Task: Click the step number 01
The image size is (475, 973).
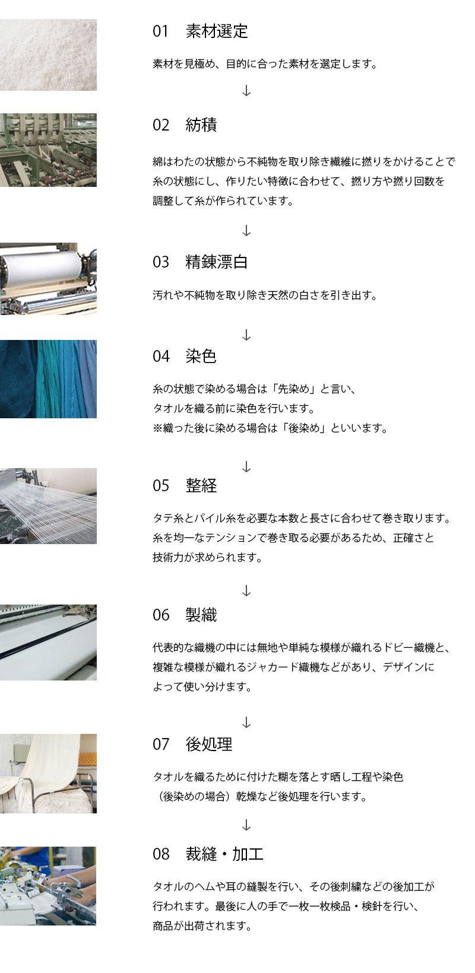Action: (160, 31)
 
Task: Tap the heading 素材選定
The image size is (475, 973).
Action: (217, 31)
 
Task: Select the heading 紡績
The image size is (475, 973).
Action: (201, 125)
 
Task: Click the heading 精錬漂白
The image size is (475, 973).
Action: (217, 262)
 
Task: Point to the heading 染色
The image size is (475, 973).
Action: (201, 356)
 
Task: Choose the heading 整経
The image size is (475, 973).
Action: (201, 485)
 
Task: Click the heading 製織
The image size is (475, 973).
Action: (201, 615)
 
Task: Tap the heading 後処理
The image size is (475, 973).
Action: (208, 744)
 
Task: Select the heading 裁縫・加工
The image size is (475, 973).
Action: (224, 854)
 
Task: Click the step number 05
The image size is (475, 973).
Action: (161, 486)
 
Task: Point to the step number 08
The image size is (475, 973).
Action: (161, 854)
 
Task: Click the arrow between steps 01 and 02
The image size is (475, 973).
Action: (246, 90)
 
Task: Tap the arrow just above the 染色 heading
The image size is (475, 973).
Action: (246, 335)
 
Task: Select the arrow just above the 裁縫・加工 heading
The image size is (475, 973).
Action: (246, 825)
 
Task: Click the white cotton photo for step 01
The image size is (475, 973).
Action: (48, 55)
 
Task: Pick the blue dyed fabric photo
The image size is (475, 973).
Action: (48, 379)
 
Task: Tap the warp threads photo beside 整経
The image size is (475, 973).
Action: (48, 505)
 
